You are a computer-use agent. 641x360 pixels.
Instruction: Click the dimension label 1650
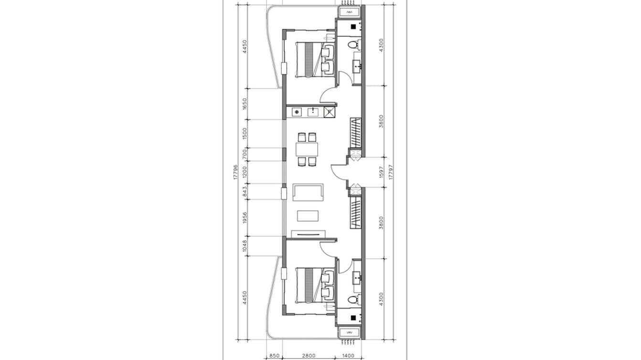(x=245, y=103)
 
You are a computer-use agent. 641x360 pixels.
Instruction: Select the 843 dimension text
(x=245, y=191)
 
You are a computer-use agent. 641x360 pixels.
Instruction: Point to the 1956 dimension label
(x=245, y=217)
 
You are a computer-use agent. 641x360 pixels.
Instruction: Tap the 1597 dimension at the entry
(x=381, y=172)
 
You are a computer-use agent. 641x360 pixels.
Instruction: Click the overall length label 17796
(x=235, y=172)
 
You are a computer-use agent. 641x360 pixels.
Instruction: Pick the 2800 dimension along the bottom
(x=309, y=356)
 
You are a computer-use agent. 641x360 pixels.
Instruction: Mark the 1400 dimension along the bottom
(x=348, y=356)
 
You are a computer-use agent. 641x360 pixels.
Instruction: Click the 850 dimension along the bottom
(x=274, y=356)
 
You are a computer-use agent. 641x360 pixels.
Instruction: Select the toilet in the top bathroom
(x=353, y=45)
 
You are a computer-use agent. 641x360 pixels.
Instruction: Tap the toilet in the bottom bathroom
(x=353, y=299)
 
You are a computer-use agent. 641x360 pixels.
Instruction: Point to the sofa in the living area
(x=308, y=192)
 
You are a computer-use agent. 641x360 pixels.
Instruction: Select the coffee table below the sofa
(x=309, y=216)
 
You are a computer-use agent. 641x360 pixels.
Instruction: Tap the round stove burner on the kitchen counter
(x=297, y=112)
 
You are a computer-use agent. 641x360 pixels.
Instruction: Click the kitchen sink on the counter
(x=313, y=112)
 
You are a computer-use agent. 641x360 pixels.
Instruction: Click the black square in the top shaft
(x=353, y=27)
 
